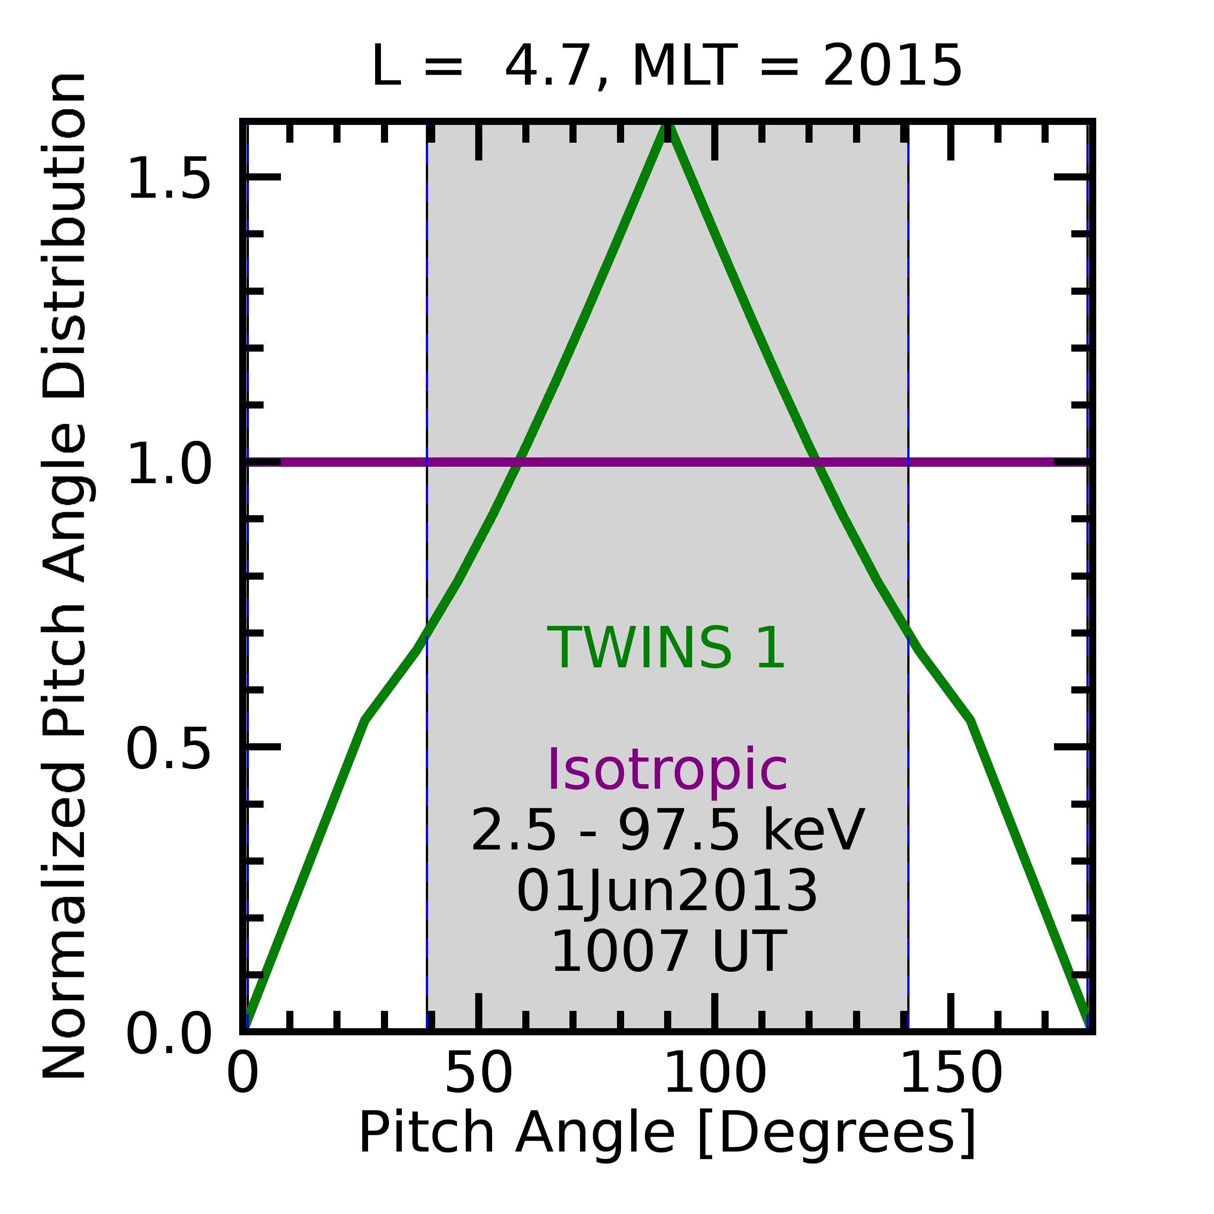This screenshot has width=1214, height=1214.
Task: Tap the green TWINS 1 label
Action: pos(667,649)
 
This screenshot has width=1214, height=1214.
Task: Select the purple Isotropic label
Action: pos(667,770)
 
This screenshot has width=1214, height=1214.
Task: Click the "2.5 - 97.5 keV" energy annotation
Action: pos(667,831)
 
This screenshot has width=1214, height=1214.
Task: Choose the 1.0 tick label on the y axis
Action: pos(168,463)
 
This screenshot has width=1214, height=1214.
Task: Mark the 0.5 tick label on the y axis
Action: pos(168,748)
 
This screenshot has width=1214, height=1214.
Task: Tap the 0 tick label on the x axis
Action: pos(243,1074)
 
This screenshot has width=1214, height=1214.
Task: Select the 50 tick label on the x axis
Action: pos(479,1074)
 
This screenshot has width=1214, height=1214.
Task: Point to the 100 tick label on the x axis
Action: pos(714,1074)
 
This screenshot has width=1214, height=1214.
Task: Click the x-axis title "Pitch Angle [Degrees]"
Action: pos(667,1132)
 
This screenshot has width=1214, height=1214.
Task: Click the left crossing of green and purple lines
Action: pos(517,463)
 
